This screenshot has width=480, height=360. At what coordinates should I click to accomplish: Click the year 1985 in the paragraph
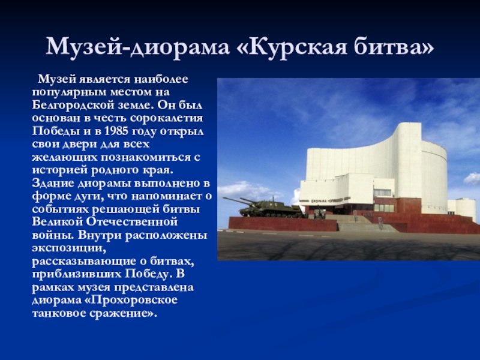(x=116, y=131)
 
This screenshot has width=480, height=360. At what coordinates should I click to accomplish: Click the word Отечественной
(x=131, y=221)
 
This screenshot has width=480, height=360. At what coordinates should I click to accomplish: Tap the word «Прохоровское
(x=130, y=300)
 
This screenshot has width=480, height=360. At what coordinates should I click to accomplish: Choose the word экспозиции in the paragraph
(x=69, y=248)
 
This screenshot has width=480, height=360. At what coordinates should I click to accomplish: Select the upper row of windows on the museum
(x=382, y=193)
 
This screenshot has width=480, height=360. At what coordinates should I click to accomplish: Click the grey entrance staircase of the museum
(x=361, y=223)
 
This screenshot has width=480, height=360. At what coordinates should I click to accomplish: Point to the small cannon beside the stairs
(x=319, y=213)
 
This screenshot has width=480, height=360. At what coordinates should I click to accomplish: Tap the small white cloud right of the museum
(x=472, y=178)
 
